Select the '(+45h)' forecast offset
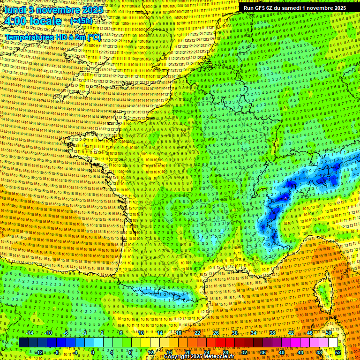[81, 21]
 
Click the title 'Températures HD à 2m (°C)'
[53, 37]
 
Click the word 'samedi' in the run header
[291, 8]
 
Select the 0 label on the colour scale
[93, 352]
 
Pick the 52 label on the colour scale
[338, 352]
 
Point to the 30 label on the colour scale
[234, 333]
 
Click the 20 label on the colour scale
[187, 352]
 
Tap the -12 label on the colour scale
[39, 352]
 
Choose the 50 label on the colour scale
[329, 333]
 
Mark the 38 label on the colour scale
[272, 333]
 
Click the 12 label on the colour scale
[150, 352]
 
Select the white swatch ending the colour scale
[333, 342]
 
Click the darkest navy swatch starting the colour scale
[23, 342]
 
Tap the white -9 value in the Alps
[285, 199]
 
